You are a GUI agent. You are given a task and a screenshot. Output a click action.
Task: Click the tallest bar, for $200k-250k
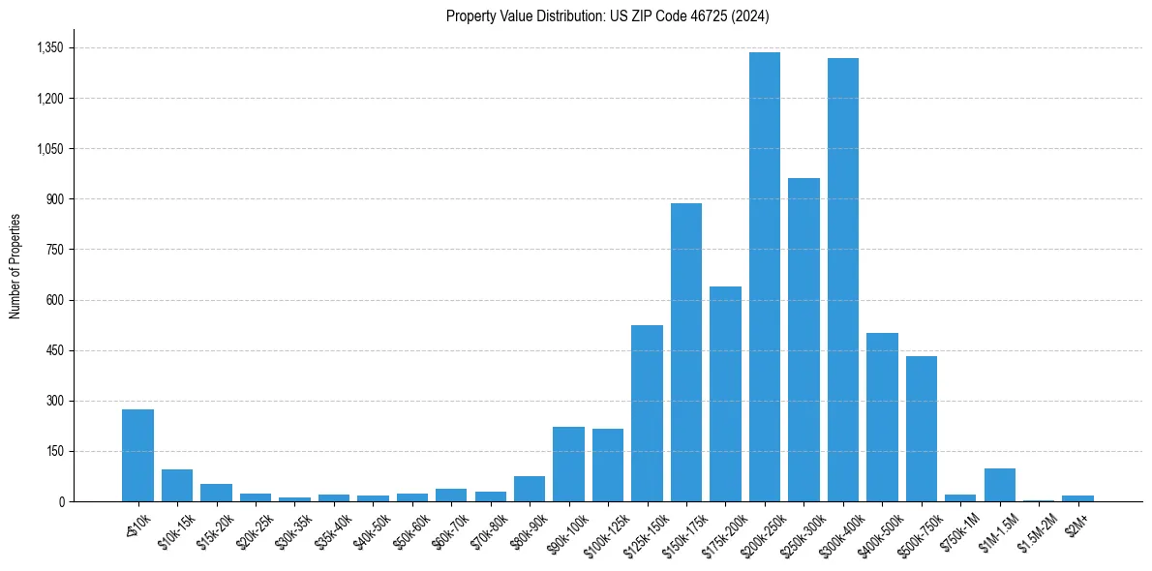[765, 277]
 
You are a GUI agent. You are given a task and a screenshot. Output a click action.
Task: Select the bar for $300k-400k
[843, 280]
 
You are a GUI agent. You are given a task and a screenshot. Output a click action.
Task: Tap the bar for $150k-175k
[686, 352]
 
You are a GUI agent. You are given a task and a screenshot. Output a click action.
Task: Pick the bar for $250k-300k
[803, 340]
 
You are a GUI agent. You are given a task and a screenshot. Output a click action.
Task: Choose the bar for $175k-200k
[725, 394]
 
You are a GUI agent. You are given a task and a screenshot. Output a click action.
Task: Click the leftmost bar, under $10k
[137, 455]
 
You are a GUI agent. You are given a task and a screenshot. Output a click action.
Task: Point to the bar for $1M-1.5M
[1000, 485]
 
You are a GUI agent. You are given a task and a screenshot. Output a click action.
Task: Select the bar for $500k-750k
[922, 429]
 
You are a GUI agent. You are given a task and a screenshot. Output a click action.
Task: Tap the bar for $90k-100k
[568, 464]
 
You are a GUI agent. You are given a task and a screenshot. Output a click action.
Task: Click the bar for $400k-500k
[882, 417]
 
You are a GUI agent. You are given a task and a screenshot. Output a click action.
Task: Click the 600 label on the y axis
[54, 300]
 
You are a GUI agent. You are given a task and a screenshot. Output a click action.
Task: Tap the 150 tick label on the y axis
[54, 451]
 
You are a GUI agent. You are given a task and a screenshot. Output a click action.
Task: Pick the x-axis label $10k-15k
[175, 529]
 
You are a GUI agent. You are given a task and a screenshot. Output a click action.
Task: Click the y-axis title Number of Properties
[15, 266]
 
